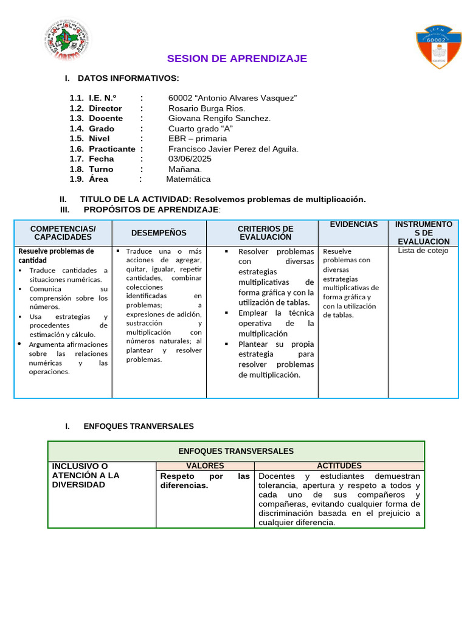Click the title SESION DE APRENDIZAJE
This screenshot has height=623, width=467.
point(237,58)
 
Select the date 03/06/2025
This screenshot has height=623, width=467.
point(187,159)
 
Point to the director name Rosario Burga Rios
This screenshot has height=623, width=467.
point(207,108)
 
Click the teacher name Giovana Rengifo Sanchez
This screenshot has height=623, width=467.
point(220,118)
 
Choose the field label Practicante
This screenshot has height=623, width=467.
point(112,148)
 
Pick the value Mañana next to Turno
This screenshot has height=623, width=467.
point(185,169)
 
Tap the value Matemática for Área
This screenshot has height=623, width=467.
point(189,179)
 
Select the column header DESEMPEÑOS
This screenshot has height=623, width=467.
point(159,233)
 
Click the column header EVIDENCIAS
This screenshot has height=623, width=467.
point(353,224)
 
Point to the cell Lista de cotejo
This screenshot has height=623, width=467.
point(423,251)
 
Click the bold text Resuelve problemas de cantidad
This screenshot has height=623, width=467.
point(57,256)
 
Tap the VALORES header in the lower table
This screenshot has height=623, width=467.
point(205,465)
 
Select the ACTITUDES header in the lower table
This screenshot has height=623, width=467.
point(339,465)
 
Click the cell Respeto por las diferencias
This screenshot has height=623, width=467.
point(205,481)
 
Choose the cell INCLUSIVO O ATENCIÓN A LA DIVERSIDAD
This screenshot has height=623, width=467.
point(86,475)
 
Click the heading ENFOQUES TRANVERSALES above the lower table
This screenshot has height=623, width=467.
point(139,426)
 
